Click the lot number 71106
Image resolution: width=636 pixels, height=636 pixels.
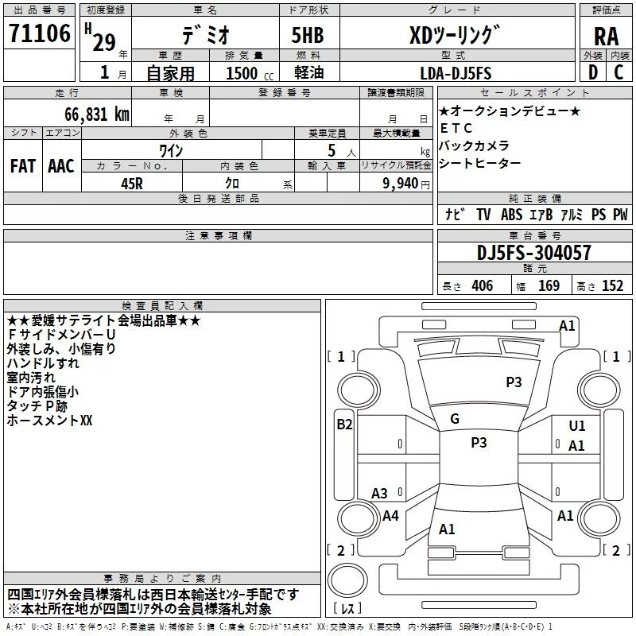coord(39,34)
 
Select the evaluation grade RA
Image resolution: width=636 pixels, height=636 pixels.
coord(607,36)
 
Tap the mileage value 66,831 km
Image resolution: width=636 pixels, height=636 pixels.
coord(89,114)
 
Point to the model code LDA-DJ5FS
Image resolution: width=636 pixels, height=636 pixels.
coord(456,73)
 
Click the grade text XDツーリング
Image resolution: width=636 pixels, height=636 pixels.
coord(455,34)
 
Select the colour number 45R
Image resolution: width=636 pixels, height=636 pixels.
coord(132,182)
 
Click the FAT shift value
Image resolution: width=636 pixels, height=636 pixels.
coord(23,165)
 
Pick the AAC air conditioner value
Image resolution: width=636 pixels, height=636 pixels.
coord(61,165)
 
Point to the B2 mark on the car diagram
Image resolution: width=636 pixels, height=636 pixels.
coord(344,425)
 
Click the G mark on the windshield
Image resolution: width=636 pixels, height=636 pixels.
coord(455,418)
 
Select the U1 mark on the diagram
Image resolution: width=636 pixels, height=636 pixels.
coord(577,426)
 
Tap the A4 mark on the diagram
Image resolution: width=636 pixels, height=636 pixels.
coord(390,516)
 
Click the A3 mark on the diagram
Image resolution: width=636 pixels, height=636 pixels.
coord(379,494)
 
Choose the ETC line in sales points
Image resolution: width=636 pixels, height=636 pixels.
coord(456,128)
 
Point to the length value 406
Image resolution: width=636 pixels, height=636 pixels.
coord(479,285)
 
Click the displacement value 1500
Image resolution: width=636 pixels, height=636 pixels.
coord(242,73)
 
